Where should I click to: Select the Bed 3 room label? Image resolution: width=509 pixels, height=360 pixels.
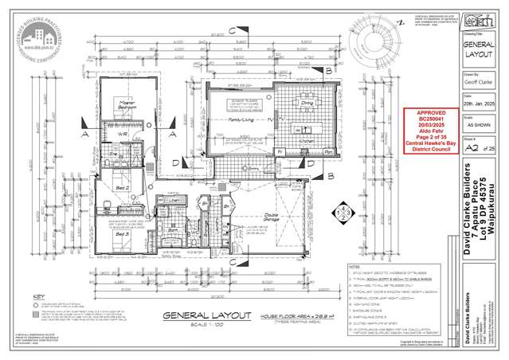(x=120, y=235)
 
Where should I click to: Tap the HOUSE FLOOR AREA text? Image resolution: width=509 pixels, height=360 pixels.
(x=272, y=316)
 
